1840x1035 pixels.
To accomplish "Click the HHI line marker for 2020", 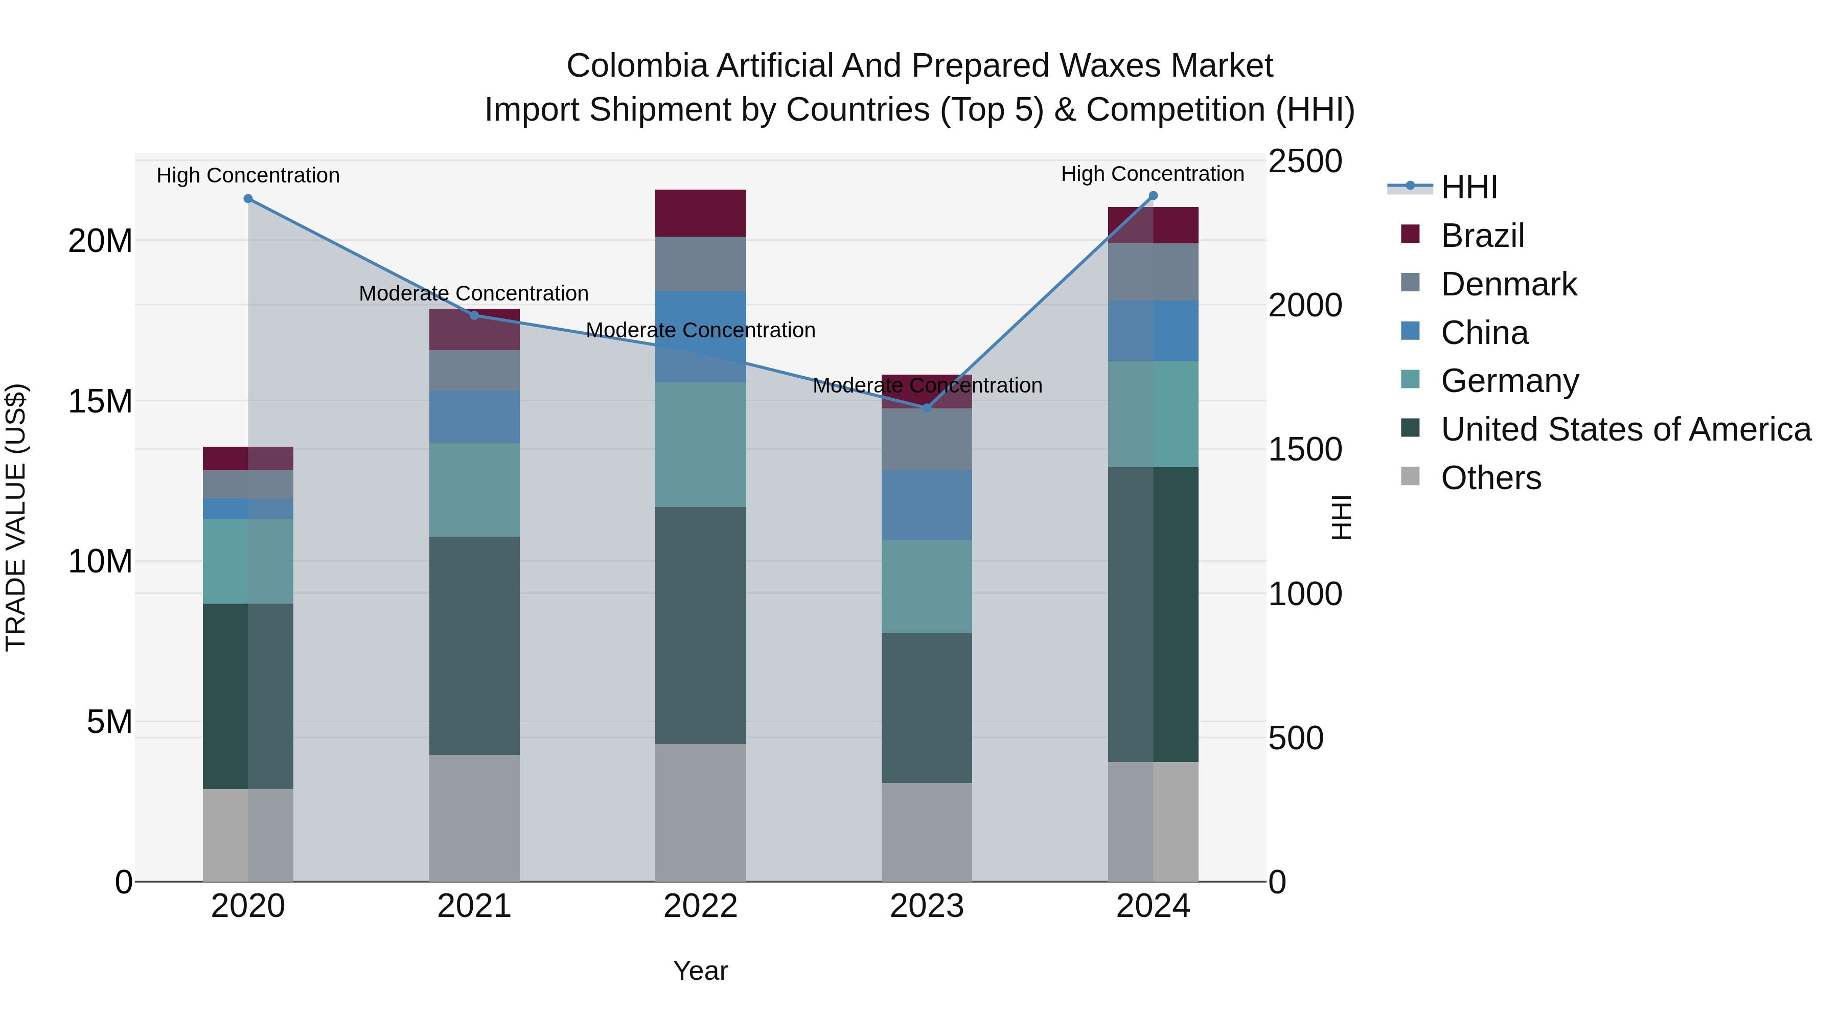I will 248,199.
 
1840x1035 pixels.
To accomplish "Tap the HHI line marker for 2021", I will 474,315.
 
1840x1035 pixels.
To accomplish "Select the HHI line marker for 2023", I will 927,408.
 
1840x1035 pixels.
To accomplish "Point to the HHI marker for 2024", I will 1153,196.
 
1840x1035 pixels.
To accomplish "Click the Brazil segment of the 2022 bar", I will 700,213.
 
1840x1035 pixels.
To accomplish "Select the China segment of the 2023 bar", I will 927,504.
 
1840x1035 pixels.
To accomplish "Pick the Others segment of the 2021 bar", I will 474,817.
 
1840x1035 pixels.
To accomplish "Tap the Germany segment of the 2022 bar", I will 700,444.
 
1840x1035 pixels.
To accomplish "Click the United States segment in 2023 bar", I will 927,707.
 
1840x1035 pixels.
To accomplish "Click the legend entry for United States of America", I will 1626,429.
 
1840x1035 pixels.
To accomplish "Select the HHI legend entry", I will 1468,187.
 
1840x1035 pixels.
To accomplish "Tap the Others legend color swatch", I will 1410,476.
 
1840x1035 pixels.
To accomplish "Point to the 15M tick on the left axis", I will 100,401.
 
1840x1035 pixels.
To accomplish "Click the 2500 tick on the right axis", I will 1305,162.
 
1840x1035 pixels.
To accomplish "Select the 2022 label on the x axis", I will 700,906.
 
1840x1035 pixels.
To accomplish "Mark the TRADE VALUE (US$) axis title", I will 16,517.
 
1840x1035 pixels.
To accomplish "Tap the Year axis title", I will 700,971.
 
